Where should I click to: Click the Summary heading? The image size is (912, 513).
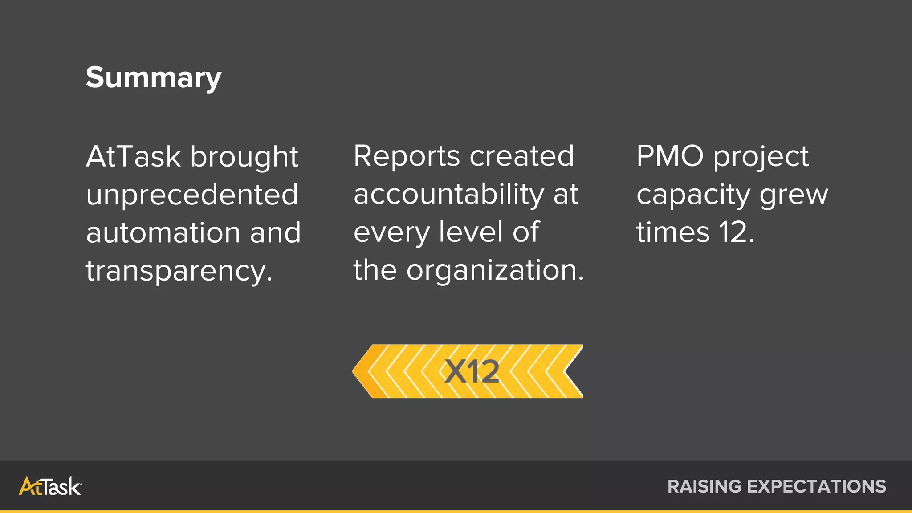[153, 78]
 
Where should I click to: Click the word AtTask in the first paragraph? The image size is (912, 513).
[133, 157]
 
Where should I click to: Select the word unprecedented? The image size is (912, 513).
[192, 195]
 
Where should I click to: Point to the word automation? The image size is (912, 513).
[163, 233]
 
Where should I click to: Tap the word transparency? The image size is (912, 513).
[179, 271]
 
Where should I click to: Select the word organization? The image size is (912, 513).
[495, 270]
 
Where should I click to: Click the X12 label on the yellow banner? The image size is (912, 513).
[472, 371]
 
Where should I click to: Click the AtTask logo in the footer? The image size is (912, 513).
[50, 486]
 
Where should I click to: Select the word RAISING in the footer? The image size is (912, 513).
[704, 486]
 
